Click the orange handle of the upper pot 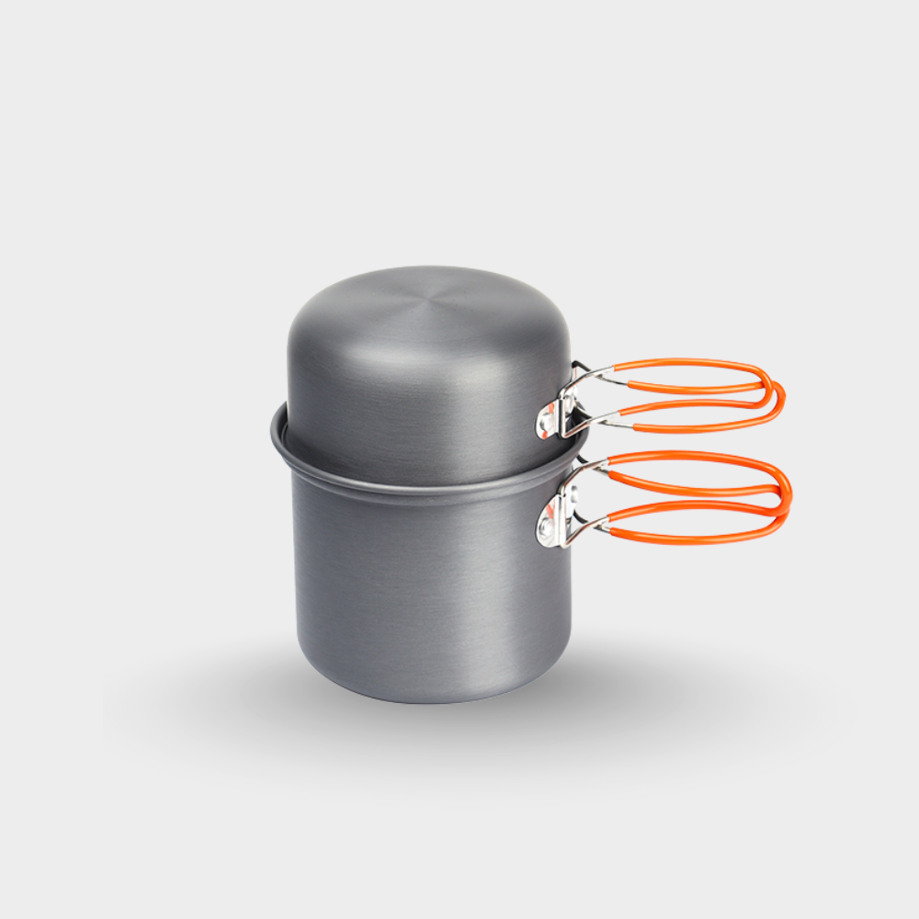pyautogui.click(x=698, y=364)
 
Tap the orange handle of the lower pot pyautogui.click(x=698, y=457)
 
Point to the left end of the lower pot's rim pyautogui.click(x=274, y=427)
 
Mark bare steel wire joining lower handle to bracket pyautogui.click(x=593, y=469)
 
